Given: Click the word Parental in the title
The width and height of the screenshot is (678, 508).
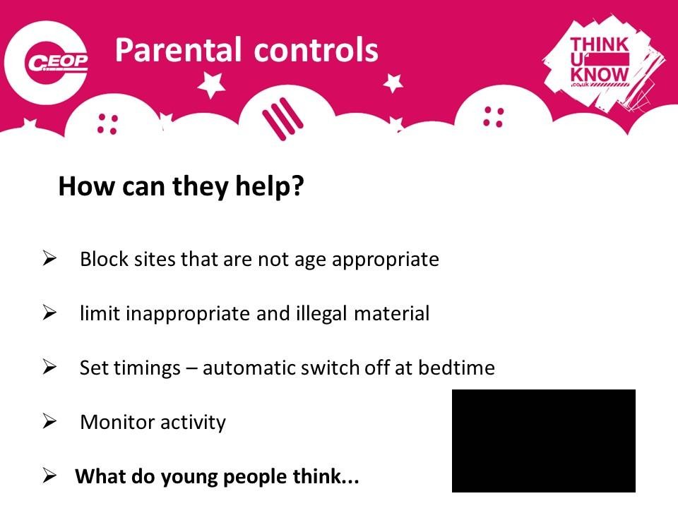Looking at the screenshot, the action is point(178,50).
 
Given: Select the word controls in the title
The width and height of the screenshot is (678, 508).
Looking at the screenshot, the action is point(316,50).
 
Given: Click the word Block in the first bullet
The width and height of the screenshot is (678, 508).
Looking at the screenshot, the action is point(105,259).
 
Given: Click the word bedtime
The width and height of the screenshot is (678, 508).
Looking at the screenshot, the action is point(456,368).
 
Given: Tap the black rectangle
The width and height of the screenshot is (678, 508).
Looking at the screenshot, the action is point(544,440).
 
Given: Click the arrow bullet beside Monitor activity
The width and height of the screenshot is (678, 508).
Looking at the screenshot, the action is point(49,421).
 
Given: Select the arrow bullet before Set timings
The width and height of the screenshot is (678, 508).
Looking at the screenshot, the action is point(49,367).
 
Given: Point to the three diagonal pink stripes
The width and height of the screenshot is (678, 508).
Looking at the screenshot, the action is point(282,119).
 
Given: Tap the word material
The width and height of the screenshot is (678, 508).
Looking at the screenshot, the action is point(392,313).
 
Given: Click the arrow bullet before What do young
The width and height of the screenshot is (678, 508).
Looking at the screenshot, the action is point(49,476).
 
